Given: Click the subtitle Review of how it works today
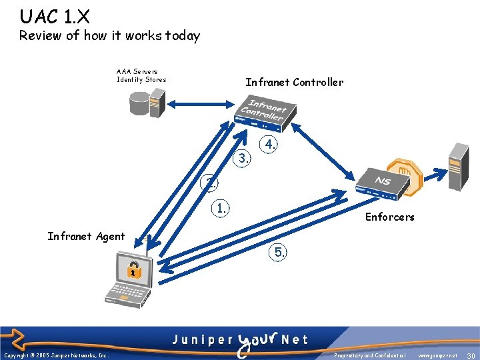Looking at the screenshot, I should point(109,36).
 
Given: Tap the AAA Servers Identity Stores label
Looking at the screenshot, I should point(141,75).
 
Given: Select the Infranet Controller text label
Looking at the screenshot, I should point(294,83).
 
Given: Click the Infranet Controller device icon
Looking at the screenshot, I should point(262,111).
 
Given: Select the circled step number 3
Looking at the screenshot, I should point(243,159).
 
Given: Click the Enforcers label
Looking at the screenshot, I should point(389,217).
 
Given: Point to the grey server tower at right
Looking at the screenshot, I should point(458,167).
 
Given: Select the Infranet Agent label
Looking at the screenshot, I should point(86,236).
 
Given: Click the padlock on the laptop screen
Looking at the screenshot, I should point(134,270).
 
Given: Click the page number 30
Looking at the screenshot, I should point(471,355).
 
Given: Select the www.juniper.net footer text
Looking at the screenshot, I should point(437,355).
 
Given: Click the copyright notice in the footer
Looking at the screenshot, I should point(57,355).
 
